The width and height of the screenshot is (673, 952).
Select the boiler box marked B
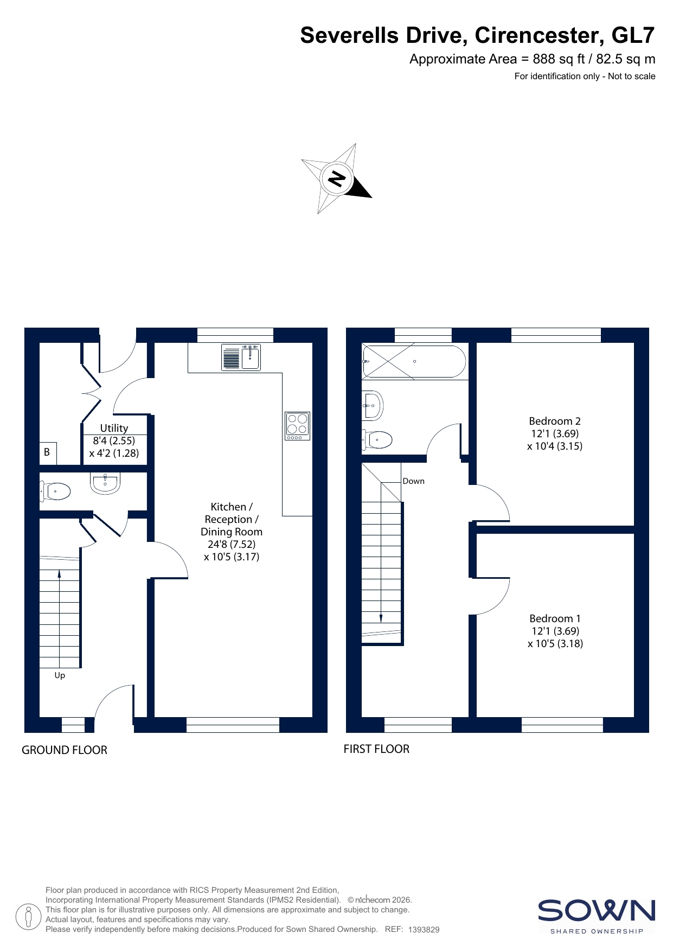[48, 452]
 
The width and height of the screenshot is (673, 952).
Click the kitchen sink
[241, 357]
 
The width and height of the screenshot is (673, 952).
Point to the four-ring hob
[297, 426]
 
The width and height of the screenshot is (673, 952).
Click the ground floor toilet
[55, 492]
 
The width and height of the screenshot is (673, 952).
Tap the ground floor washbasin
[105, 483]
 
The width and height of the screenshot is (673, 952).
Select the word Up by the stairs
[60, 675]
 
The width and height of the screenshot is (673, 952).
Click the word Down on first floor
[414, 481]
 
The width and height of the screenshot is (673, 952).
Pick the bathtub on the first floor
[413, 361]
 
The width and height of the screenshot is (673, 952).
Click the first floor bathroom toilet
[377, 439]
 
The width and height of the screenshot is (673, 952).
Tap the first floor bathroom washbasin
[373, 405]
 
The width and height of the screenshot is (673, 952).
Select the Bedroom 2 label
[555, 433]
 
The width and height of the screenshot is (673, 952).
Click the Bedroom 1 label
[555, 631]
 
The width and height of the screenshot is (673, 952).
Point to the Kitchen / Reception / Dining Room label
[232, 532]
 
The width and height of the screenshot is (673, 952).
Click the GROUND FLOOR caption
[65, 750]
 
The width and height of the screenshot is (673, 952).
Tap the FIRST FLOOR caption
[376, 749]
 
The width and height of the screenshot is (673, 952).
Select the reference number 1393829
[424, 930]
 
